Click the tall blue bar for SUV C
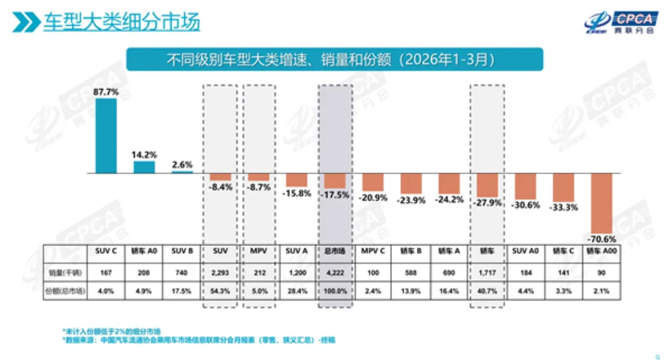(x=106, y=135)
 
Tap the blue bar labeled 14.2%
(x=144, y=167)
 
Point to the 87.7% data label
(x=106, y=92)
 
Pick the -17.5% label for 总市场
(x=336, y=195)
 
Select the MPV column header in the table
(x=259, y=251)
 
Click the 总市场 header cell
(x=336, y=251)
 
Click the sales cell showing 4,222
(x=336, y=272)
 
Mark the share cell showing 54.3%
(x=220, y=291)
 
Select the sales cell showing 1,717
(x=488, y=272)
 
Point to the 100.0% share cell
(x=336, y=291)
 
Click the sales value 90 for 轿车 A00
(x=602, y=272)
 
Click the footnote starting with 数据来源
(x=198, y=340)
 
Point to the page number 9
(x=657, y=357)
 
